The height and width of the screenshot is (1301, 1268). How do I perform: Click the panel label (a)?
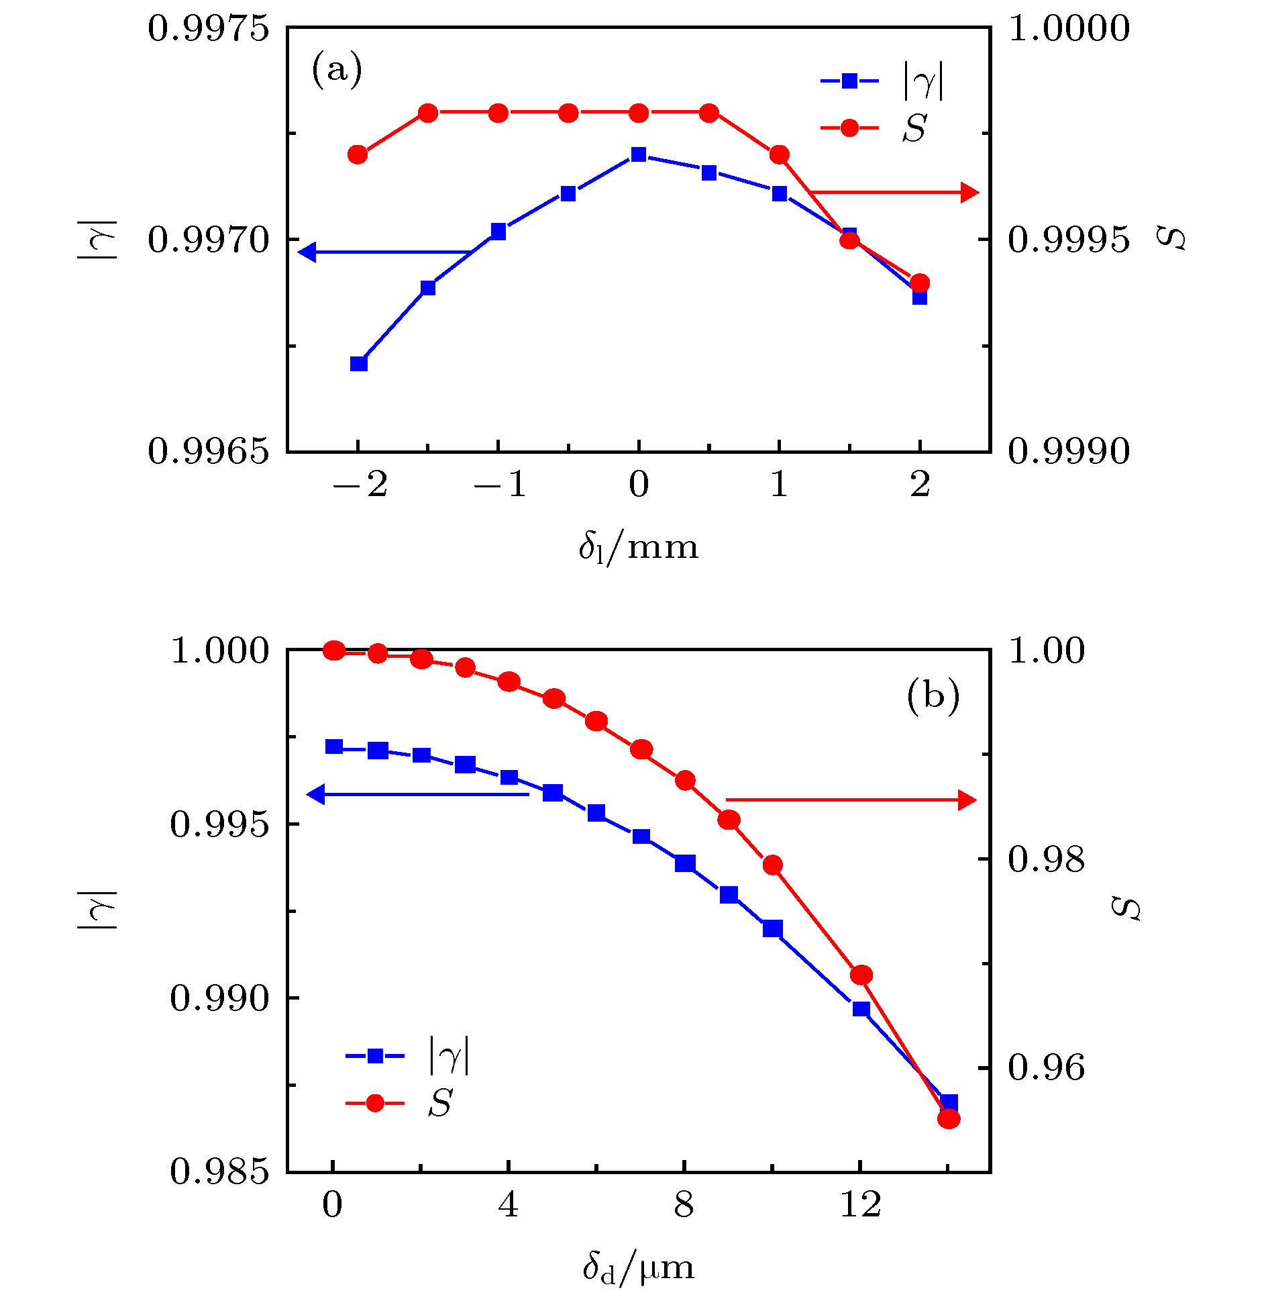coord(337,70)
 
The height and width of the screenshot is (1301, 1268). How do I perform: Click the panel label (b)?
coord(933,696)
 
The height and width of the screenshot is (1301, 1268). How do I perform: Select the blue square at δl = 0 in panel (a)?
coord(639,154)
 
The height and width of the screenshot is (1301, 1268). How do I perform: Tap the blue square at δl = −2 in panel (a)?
coord(359,364)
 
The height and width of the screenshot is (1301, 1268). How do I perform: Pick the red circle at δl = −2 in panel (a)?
coord(358,154)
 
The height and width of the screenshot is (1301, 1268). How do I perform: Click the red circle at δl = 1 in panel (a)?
coord(779,154)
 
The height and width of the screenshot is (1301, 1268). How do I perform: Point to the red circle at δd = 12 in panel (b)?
coord(861,975)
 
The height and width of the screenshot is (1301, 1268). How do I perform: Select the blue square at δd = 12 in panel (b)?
coord(861,1009)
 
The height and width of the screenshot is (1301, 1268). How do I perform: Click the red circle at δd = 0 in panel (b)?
coord(333,650)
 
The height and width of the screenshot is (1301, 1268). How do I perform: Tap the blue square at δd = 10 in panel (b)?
coord(773,928)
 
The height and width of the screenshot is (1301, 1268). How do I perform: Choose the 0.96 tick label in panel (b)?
coord(1046,1067)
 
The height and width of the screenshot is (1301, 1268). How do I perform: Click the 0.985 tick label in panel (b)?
coord(219,1171)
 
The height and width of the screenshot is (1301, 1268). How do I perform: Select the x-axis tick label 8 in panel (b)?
coord(684,1205)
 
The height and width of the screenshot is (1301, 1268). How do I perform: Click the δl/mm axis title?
coord(638,548)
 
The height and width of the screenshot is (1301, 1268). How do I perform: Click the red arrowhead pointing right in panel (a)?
coord(970,193)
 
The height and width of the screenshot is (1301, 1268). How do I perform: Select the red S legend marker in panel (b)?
coord(375,1103)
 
